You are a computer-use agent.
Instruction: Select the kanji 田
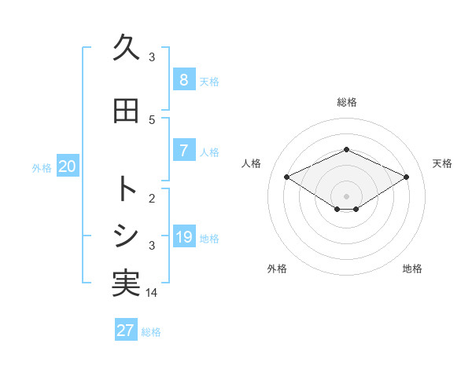pyautogui.click(x=126, y=111)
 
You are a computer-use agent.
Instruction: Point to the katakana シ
pyautogui.click(x=126, y=236)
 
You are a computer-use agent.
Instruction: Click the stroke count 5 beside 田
pyautogui.click(x=152, y=120)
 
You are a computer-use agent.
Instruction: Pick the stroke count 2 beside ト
pyautogui.click(x=152, y=198)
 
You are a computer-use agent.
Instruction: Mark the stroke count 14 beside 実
pyautogui.click(x=152, y=293)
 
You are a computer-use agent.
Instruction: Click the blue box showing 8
pyautogui.click(x=183, y=79)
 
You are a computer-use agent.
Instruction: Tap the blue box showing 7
pyautogui.click(x=183, y=150)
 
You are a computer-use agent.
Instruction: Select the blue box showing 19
pyautogui.click(x=183, y=236)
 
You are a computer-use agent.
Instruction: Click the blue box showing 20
pyautogui.click(x=67, y=166)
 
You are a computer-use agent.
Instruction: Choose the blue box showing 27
pyautogui.click(x=126, y=330)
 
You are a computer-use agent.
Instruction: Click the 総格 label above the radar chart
pyautogui.click(x=346, y=102)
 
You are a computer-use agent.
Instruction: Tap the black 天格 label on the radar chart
pyautogui.click(x=442, y=163)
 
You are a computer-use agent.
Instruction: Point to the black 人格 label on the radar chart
pyautogui.click(x=252, y=163)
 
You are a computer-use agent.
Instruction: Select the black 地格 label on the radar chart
pyautogui.click(x=412, y=269)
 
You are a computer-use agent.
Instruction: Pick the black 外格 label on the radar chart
pyautogui.click(x=277, y=269)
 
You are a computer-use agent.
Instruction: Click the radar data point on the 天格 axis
pyautogui.click(x=406, y=177)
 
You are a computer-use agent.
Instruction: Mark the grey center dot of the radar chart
pyautogui.click(x=346, y=195)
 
